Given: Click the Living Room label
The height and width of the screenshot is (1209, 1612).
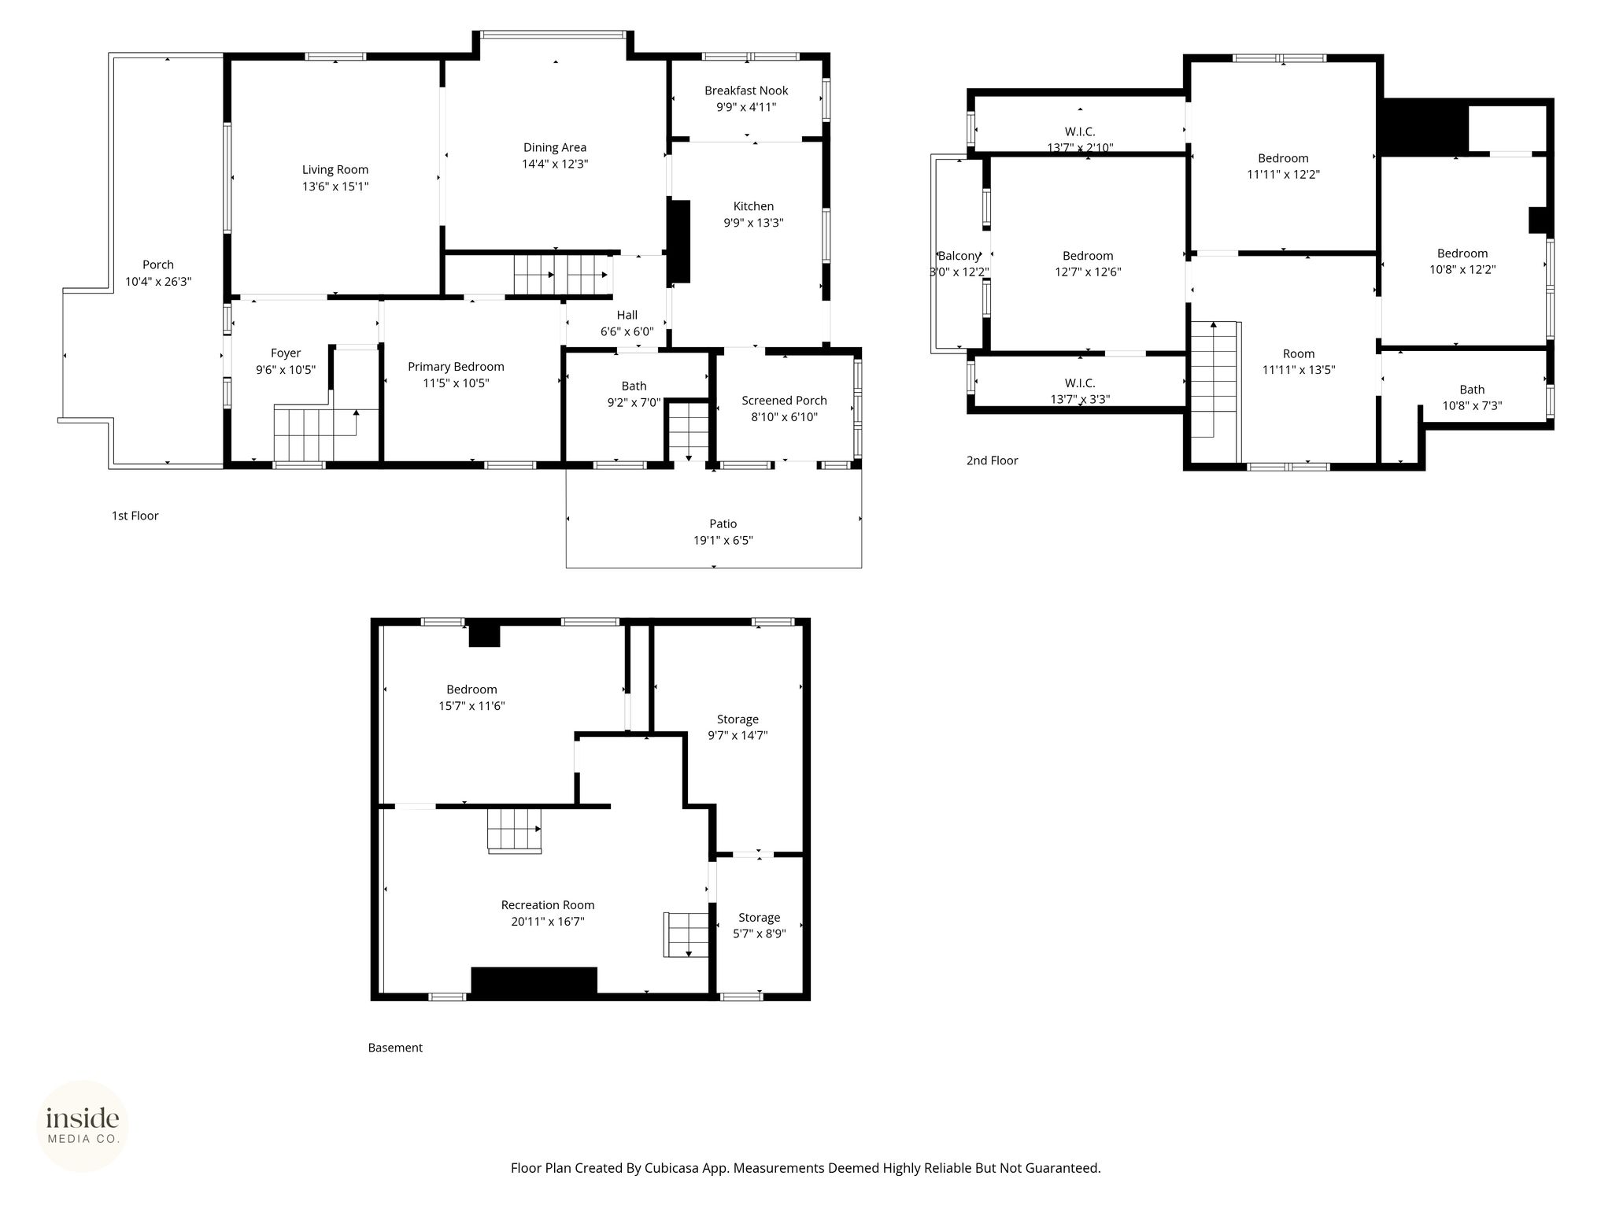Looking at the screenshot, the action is [335, 169].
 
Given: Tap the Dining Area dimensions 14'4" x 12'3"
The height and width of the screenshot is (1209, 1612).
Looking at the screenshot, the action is [555, 164].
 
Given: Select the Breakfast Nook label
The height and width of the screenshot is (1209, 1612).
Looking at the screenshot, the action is [746, 91].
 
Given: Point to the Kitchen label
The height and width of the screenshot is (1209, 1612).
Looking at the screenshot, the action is [753, 206].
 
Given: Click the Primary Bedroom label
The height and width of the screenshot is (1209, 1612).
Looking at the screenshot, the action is [456, 367].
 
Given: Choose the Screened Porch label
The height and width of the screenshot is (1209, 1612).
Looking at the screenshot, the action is [784, 401].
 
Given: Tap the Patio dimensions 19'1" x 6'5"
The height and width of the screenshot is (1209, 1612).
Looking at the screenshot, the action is [723, 541].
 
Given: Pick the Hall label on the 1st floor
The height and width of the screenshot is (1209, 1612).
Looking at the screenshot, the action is [627, 315].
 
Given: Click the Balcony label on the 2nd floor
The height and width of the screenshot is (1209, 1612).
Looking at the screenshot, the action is [959, 256].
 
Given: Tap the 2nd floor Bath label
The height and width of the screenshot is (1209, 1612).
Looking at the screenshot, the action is [1472, 390].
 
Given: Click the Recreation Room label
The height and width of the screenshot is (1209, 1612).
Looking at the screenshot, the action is [548, 905].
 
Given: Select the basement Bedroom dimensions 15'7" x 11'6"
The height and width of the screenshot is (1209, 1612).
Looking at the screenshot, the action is [471, 706].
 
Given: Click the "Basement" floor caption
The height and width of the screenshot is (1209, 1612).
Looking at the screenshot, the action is [395, 1048].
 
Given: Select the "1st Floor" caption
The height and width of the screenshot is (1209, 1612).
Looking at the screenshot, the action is [135, 516].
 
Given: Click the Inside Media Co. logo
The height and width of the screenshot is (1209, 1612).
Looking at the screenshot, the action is [83, 1126].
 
